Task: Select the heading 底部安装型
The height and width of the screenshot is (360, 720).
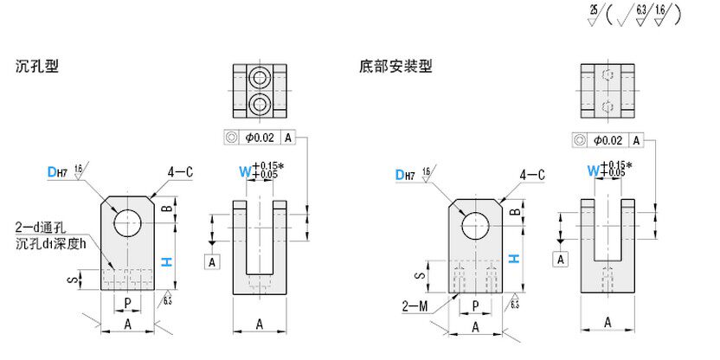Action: point(395,66)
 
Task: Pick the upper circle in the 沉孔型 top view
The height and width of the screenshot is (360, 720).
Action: point(259,79)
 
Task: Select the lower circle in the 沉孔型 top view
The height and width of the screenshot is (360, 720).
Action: point(259,106)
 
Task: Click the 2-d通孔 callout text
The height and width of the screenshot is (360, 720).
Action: point(39,228)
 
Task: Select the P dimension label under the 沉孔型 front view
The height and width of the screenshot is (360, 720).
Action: point(128,303)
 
